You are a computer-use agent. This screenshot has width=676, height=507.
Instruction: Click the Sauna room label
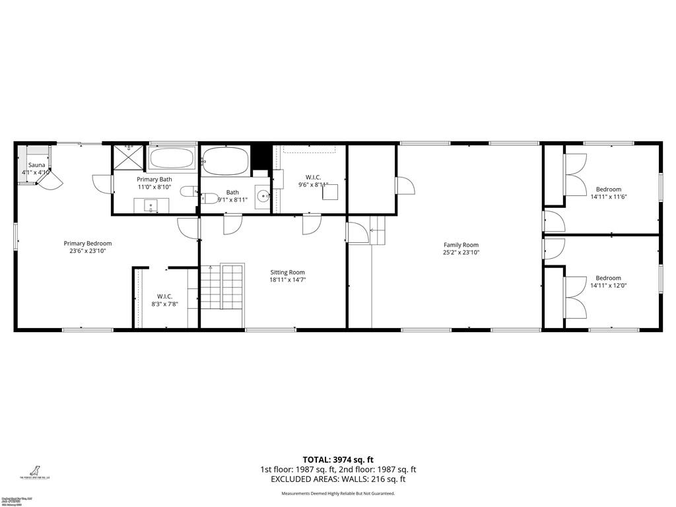click(36, 164)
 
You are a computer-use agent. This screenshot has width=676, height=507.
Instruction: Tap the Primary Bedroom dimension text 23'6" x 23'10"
click(88, 251)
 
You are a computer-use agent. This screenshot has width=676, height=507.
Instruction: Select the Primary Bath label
click(154, 180)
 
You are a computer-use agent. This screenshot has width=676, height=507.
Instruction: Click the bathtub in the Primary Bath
click(172, 158)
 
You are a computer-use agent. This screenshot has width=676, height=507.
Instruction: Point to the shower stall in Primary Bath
click(128, 157)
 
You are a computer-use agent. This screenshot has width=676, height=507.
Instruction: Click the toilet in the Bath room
click(210, 197)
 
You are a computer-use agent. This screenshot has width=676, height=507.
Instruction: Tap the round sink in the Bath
click(263, 195)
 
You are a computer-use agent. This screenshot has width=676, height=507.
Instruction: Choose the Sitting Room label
click(288, 272)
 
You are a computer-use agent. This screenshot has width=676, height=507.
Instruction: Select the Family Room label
click(461, 245)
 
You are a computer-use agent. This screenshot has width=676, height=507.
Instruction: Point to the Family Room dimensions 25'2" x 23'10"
click(461, 252)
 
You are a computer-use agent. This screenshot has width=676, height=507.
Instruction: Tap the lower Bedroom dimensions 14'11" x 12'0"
click(608, 286)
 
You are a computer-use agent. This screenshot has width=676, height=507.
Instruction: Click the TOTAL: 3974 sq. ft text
click(338, 459)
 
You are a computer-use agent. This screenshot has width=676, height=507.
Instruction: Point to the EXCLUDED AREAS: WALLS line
click(338, 480)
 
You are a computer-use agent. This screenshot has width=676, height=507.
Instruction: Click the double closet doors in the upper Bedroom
click(575, 175)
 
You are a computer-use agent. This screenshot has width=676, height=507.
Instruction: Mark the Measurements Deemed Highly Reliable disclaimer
click(338, 493)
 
